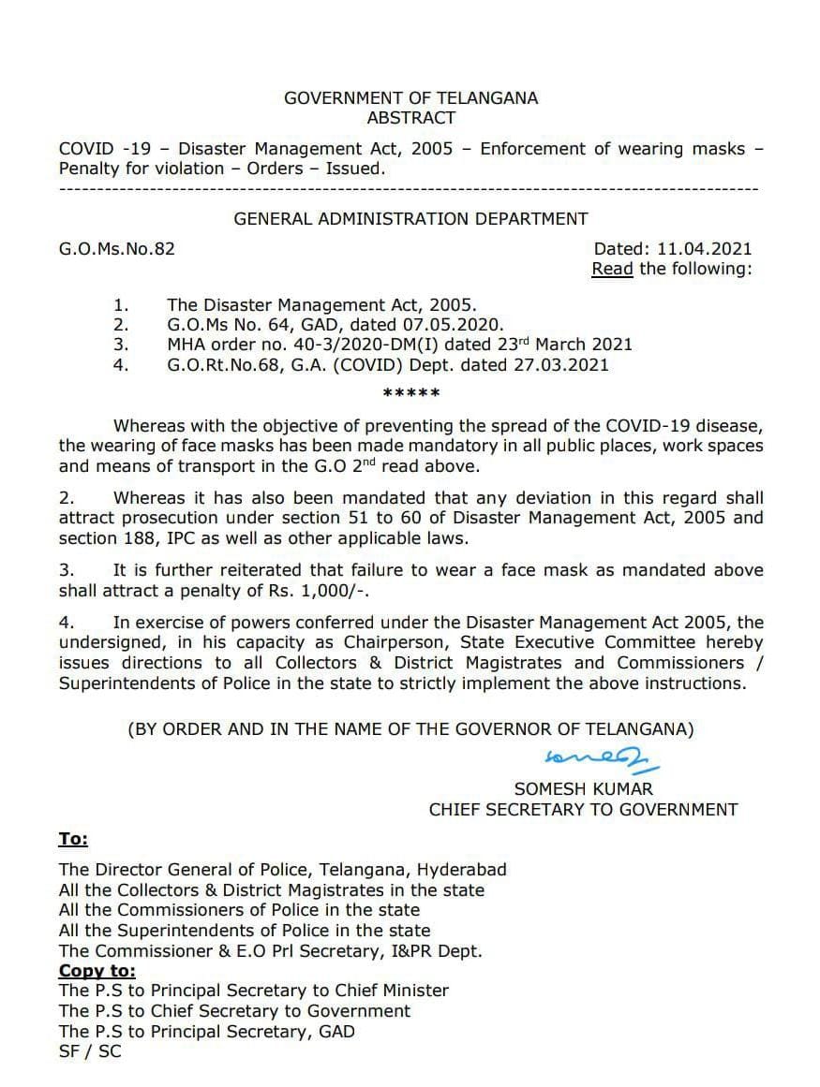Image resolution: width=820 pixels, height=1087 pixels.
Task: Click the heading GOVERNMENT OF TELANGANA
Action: click(x=410, y=97)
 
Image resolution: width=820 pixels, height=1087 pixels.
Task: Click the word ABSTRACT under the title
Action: click(x=411, y=118)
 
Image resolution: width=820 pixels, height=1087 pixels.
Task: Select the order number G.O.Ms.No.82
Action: click(x=117, y=249)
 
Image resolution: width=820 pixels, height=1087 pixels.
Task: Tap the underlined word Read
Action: click(x=612, y=269)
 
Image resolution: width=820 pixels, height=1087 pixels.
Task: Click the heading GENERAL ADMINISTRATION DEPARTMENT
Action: click(x=410, y=219)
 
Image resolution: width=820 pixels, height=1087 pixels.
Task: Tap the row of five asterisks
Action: click(x=410, y=393)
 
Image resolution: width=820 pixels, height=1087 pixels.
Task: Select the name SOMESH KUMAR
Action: click(x=584, y=789)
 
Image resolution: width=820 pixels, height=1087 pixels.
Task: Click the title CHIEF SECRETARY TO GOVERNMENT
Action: click(x=583, y=810)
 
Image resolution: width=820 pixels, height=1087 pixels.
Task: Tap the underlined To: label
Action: click(x=73, y=840)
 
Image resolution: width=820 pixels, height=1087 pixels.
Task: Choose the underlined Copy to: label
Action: click(x=97, y=971)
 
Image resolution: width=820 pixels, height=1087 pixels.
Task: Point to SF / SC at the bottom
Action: click(x=90, y=1051)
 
